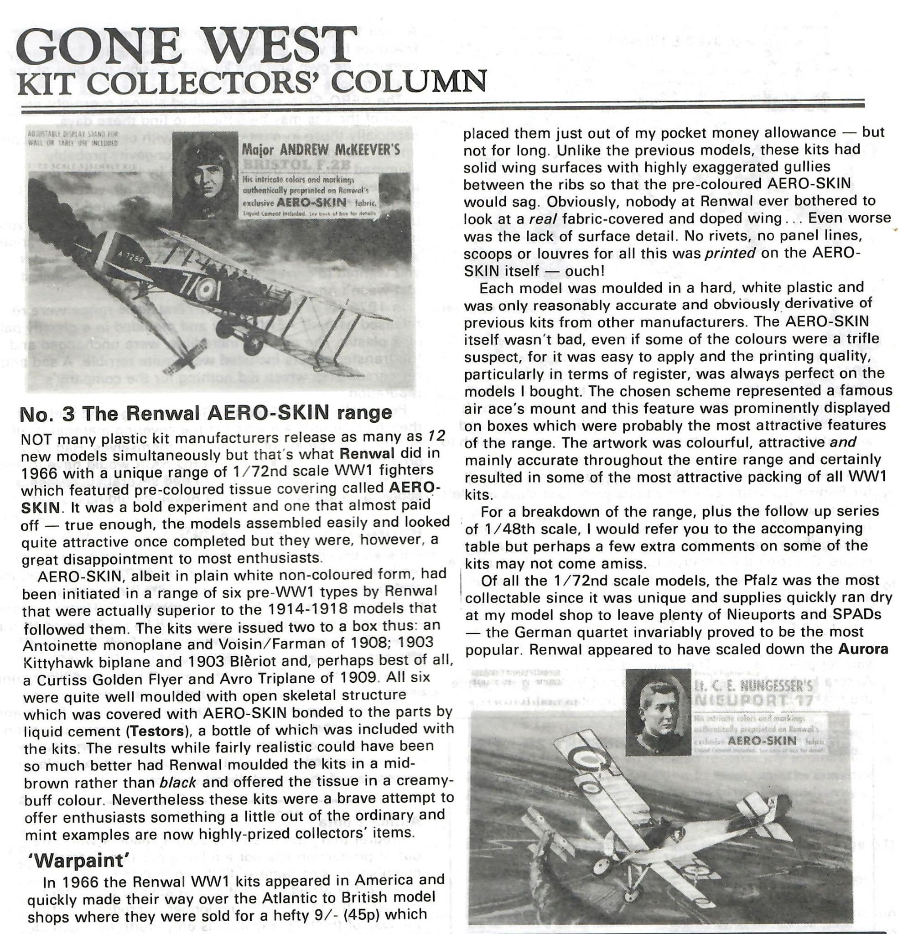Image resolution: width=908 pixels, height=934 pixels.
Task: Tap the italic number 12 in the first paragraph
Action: click(435, 436)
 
